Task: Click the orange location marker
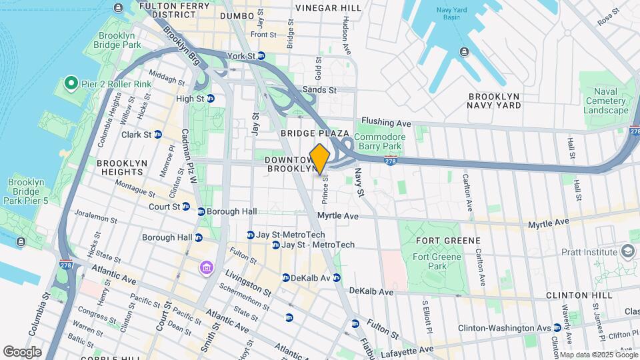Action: pyautogui.click(x=320, y=159)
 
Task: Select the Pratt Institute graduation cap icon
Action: pyautogui.click(x=627, y=251)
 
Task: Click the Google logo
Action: pyautogui.click(x=22, y=351)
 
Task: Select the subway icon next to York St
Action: pyautogui.click(x=262, y=56)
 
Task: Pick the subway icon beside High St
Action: pyautogui.click(x=211, y=99)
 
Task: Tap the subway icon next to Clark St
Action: pyautogui.click(x=158, y=134)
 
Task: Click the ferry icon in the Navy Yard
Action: pyautogui.click(x=463, y=53)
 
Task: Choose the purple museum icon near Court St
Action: pyautogui.click(x=206, y=268)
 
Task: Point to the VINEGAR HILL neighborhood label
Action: pyautogui.click(x=328, y=8)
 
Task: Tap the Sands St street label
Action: pyautogui.click(x=319, y=89)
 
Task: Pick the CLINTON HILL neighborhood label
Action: pyautogui.click(x=578, y=295)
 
